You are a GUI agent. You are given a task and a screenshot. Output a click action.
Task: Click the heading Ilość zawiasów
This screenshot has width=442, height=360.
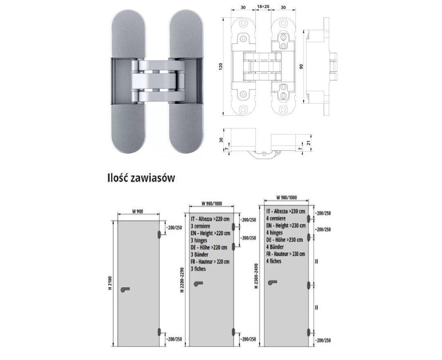(x=141, y=178)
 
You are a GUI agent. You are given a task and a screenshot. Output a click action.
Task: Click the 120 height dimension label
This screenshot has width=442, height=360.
(x=221, y=66)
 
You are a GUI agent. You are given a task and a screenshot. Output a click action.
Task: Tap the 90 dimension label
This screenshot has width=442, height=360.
(x=301, y=67)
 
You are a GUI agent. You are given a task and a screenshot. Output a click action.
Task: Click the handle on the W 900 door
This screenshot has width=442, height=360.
(x=125, y=289)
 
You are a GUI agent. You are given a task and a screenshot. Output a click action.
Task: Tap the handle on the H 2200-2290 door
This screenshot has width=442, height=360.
(x=198, y=283)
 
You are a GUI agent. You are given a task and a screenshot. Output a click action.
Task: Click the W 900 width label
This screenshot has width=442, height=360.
(x=138, y=211)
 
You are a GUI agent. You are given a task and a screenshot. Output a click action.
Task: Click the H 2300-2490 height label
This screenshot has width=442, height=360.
(x=256, y=276)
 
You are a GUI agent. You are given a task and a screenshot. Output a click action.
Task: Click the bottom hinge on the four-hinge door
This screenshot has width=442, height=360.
(x=309, y=333)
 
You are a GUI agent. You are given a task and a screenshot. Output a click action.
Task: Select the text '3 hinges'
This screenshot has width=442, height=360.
(x=199, y=240)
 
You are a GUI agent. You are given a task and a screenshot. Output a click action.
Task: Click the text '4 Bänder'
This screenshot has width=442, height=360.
(x=275, y=247)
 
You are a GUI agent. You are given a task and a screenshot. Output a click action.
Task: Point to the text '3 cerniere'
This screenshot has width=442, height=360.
(x=201, y=226)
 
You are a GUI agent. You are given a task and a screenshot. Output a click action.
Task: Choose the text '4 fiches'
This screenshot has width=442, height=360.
(x=274, y=261)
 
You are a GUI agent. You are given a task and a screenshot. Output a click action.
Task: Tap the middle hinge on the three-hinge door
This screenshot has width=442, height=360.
(x=233, y=247)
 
